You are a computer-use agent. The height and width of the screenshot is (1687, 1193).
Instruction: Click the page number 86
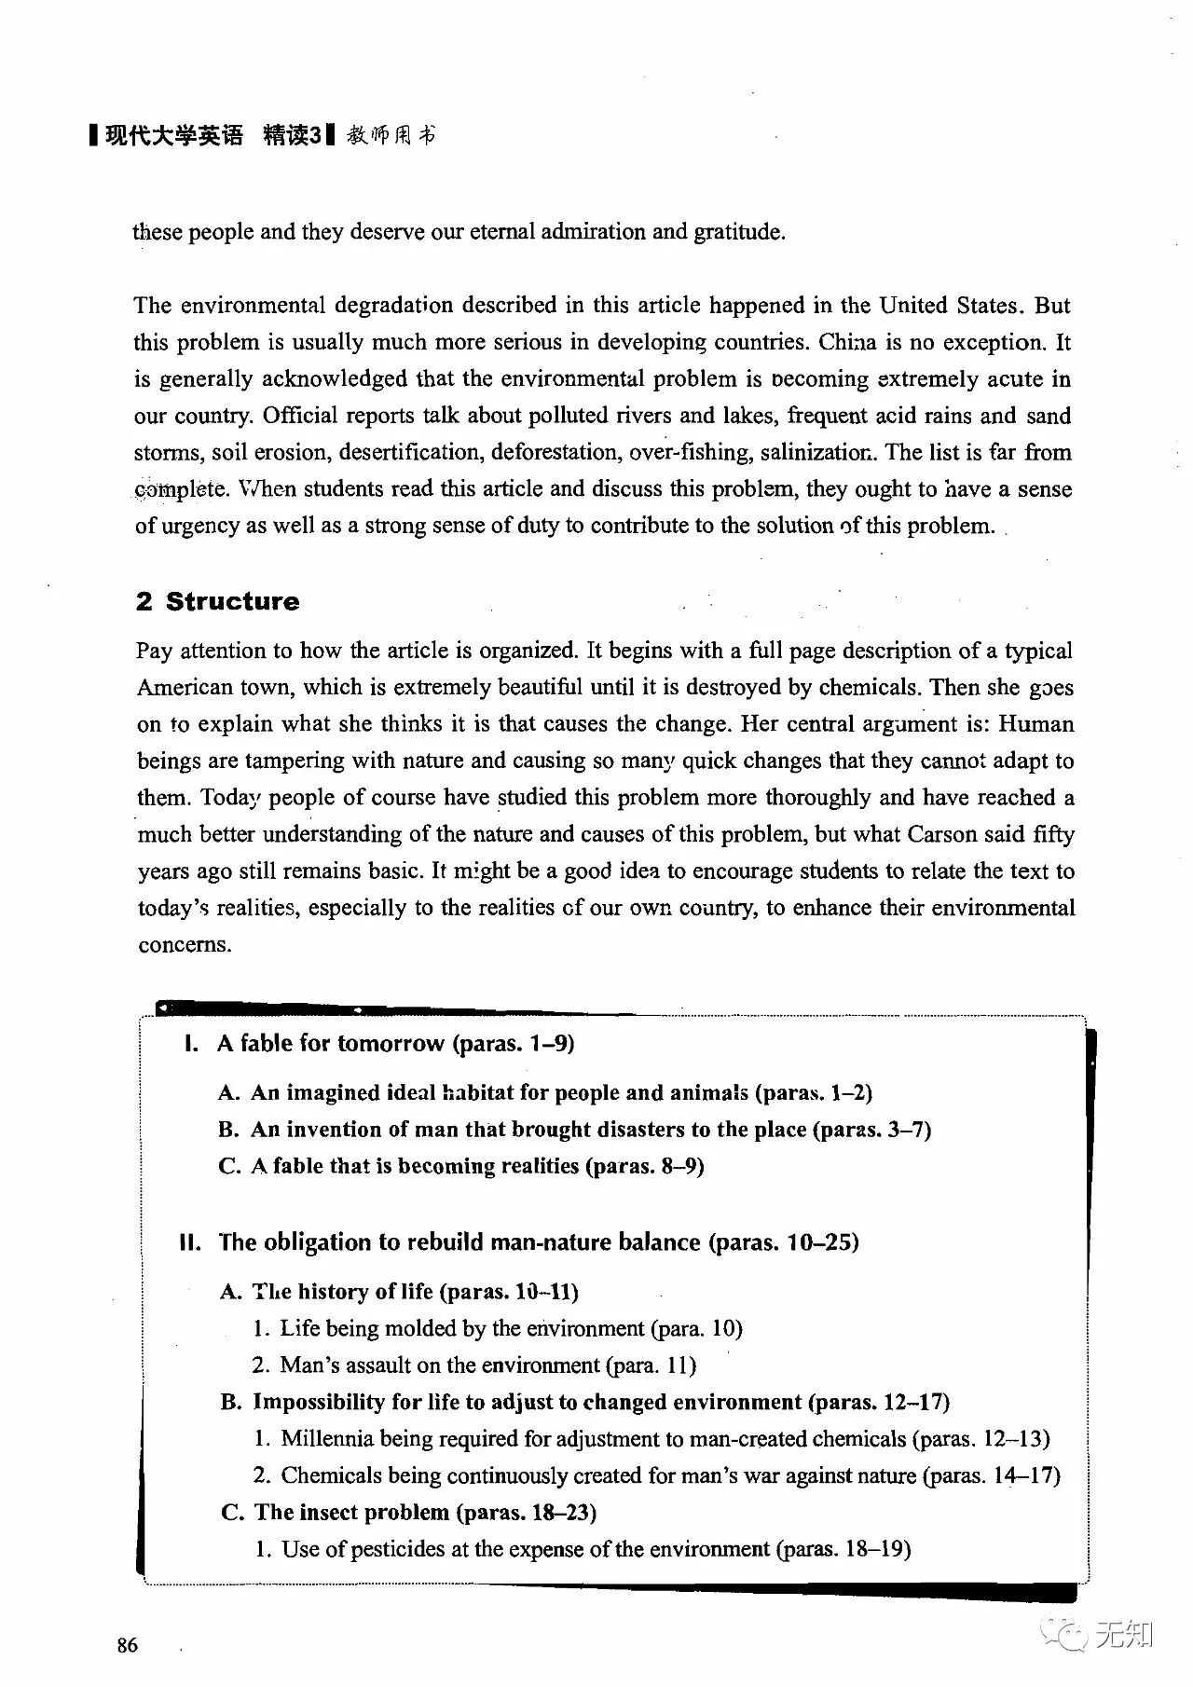coord(128,1645)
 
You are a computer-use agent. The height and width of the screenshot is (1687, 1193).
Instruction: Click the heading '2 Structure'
coord(217,601)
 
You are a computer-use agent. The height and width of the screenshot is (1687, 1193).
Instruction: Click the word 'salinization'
coord(817,453)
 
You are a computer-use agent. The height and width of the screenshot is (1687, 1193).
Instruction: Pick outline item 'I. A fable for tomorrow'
coord(379,1043)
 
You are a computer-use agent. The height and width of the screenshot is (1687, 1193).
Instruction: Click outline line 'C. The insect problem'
coord(409,1512)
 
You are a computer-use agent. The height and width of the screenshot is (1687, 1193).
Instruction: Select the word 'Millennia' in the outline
coord(327,1438)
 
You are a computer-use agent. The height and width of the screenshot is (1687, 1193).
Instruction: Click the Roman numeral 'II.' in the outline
coord(191,1242)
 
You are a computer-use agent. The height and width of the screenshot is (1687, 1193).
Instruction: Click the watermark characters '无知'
coord(1124,1633)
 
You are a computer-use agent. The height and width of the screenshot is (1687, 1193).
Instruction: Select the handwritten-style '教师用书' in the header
coord(391,136)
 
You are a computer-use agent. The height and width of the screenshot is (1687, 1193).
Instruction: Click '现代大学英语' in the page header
coord(174,136)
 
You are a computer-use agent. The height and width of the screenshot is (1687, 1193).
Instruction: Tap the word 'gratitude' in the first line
coord(738,231)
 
